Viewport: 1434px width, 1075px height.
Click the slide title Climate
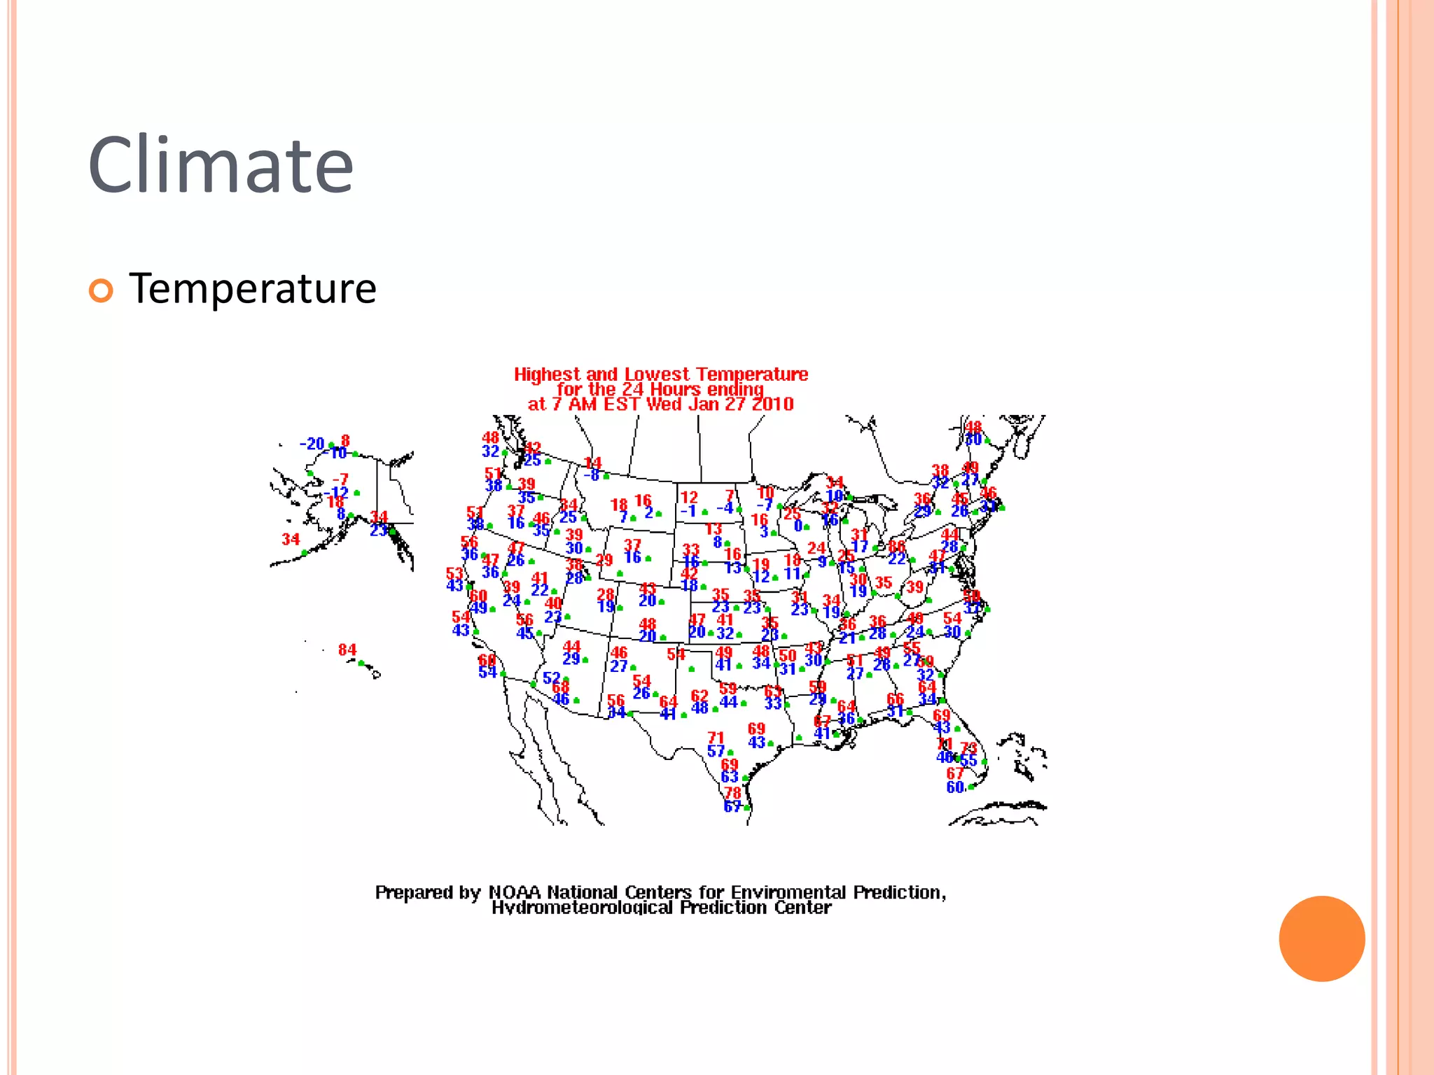coord(221,165)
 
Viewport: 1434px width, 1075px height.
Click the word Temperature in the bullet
coord(253,289)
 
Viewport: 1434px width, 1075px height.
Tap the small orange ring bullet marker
coord(101,290)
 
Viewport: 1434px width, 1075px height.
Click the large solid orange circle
coord(1321,939)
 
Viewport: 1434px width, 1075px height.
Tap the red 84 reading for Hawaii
coord(347,649)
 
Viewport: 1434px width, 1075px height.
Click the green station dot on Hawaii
coord(361,663)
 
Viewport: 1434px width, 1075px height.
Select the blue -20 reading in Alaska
coord(312,444)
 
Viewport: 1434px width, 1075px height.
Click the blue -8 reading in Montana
coord(592,475)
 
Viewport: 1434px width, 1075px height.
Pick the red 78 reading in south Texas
coord(732,793)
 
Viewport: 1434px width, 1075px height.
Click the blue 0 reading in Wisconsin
coord(798,526)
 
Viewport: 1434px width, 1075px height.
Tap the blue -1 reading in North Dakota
coord(688,511)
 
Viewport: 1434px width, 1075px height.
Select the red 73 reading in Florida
coord(968,748)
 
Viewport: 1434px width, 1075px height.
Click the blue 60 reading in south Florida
coord(955,787)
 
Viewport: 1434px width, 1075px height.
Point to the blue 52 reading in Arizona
coord(551,677)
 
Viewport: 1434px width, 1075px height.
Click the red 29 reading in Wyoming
coord(604,560)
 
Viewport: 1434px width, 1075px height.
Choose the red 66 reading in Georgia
coord(895,698)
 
